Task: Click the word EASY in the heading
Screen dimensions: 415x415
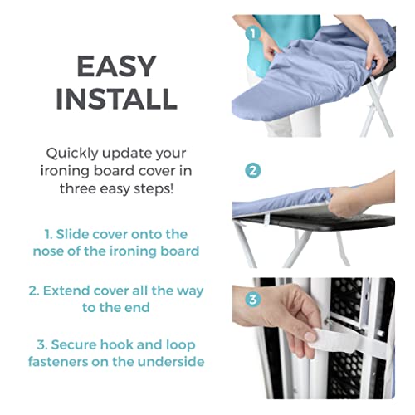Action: (115, 66)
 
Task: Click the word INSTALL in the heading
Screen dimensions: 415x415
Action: (115, 97)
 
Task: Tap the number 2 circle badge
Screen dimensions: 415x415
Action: (252, 170)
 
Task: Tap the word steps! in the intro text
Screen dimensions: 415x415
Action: (162, 188)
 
